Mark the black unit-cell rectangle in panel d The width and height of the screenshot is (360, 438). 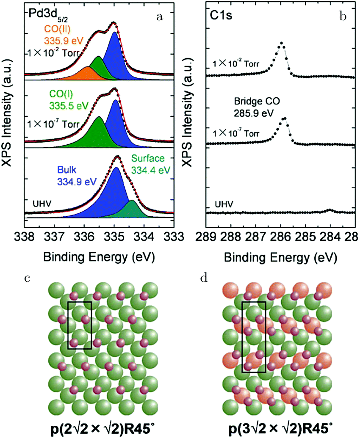click(x=254, y=337)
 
